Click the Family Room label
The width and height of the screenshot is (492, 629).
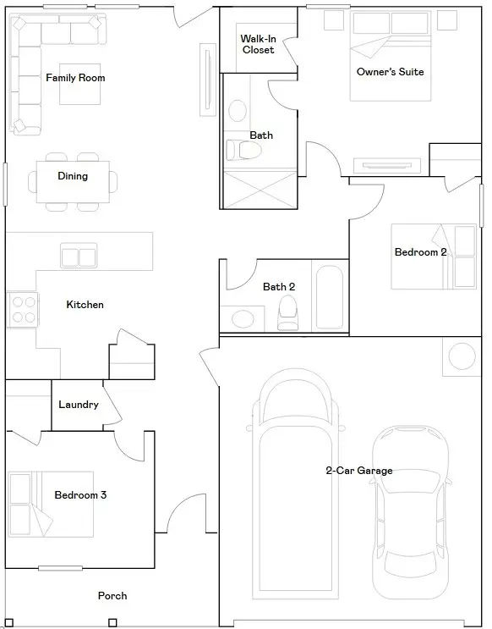tap(75, 78)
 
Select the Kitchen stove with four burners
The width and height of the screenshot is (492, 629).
tap(23, 309)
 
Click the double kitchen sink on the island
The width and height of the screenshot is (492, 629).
tap(79, 257)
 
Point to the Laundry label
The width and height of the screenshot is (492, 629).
tap(79, 405)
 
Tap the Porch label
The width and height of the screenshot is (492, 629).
tap(112, 596)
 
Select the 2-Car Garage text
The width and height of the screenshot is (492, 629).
tap(359, 471)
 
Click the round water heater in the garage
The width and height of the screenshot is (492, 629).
tap(463, 356)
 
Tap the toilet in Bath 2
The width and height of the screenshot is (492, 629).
tap(288, 312)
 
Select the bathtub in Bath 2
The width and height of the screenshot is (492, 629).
tap(328, 298)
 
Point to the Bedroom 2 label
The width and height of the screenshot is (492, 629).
tap(420, 252)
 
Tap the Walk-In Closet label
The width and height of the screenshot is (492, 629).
tap(257, 44)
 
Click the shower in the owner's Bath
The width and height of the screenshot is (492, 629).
tap(260, 186)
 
